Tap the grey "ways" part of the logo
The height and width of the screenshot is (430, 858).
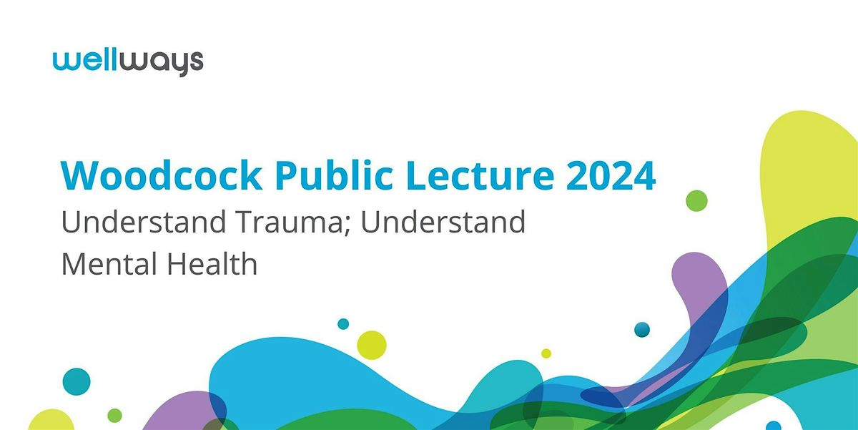pyautogui.click(x=168, y=63)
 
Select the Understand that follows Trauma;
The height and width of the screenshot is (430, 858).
pyautogui.click(x=443, y=223)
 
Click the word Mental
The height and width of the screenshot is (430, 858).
pyautogui.click(x=107, y=264)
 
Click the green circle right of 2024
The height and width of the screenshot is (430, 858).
pyautogui.click(x=696, y=200)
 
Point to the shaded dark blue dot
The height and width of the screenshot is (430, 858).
pyautogui.click(x=642, y=329)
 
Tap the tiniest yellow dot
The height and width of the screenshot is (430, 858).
pyautogui.click(x=546, y=353)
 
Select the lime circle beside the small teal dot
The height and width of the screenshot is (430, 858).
pyautogui.click(x=371, y=345)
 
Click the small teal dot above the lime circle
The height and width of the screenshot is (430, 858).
pyautogui.click(x=343, y=323)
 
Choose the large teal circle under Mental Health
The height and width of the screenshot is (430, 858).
pyautogui.click(x=77, y=381)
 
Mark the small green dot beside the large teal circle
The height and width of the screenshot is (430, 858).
pyautogui.click(x=114, y=415)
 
